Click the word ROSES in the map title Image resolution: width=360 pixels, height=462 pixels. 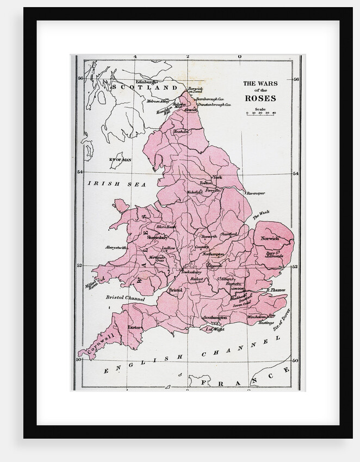pyautogui.click(x=260, y=98)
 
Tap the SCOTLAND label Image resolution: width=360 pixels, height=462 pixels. pyautogui.click(x=145, y=88)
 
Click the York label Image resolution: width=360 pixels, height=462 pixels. pyautogui.click(x=218, y=177)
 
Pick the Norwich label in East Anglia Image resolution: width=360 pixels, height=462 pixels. pyautogui.click(x=269, y=238)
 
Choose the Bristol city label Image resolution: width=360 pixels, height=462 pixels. pyautogui.click(x=176, y=291)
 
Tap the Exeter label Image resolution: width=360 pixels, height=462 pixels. pyautogui.click(x=134, y=328)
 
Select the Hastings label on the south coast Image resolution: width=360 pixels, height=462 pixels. pyautogui.click(x=265, y=323)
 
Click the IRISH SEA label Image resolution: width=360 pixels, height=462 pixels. pyautogui.click(x=117, y=185)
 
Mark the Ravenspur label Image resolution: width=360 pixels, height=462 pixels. pyautogui.click(x=257, y=192)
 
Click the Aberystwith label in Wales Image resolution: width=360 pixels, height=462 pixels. pyautogui.click(x=115, y=247)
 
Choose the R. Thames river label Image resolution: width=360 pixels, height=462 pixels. pyautogui.click(x=275, y=290)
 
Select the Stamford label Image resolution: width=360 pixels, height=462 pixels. pyautogui.click(x=229, y=234)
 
